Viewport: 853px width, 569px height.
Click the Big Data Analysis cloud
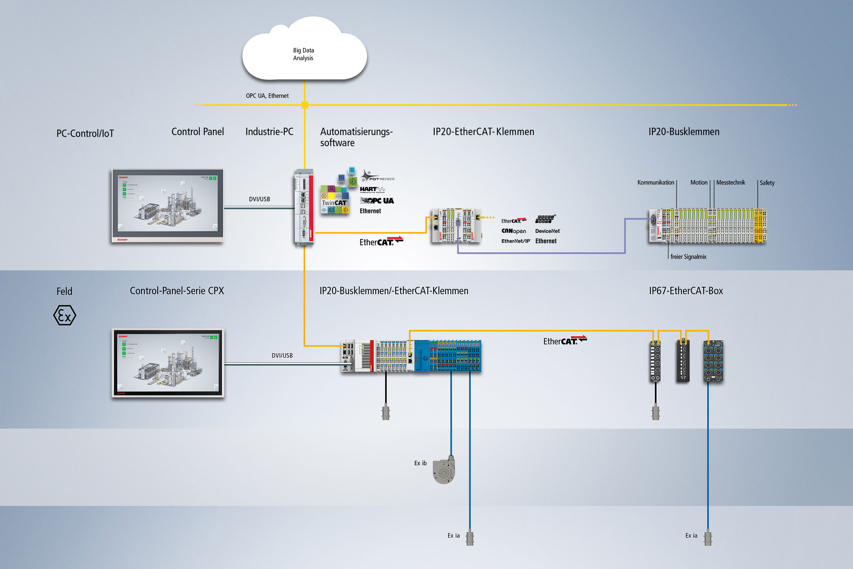304,51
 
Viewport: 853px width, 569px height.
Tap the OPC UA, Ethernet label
267,96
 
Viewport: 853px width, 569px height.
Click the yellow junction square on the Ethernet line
305,105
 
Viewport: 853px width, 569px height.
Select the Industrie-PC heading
269,132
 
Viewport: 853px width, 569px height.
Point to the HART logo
372,190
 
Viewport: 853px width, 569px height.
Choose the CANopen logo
514,231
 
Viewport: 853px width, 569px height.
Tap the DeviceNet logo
547,231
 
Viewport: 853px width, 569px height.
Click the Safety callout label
767,183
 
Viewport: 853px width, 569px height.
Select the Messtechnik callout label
730,182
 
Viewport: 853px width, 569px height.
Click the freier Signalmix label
688,257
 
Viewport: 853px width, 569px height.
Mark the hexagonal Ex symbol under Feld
65,315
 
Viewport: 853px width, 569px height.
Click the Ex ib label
420,463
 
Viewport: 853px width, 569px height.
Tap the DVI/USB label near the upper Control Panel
259,199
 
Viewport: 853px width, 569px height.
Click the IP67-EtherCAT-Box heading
686,291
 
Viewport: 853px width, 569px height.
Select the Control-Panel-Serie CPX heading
177,291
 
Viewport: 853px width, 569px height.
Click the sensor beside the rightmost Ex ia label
708,537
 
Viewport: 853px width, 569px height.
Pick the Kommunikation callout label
656,182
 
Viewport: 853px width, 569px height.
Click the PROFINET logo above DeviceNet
545,219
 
